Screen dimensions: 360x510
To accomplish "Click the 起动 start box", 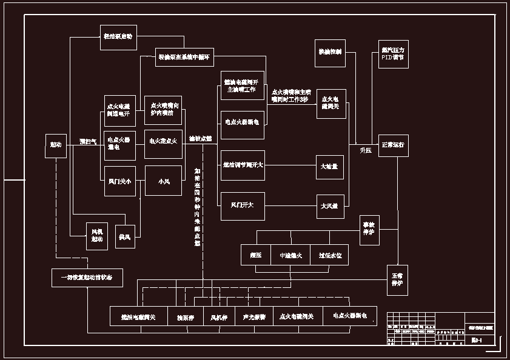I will pyautogui.click(x=56, y=145).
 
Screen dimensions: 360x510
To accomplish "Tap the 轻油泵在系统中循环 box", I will pyautogui.click(x=183, y=58).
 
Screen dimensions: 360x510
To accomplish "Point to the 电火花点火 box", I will pyautogui.click(x=163, y=141).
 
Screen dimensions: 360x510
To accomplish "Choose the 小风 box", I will pyautogui.click(x=163, y=181).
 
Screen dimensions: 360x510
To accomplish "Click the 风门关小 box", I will pyautogui.click(x=119, y=181).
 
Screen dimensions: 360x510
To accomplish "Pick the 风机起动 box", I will pyautogui.click(x=98, y=235).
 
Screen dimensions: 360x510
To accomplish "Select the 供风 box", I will pyautogui.click(x=125, y=236).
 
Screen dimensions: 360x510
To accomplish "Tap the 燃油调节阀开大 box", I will pyautogui.click(x=243, y=165).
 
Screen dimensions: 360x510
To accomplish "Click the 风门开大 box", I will pyautogui.click(x=243, y=205).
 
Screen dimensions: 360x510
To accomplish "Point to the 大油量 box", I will pyautogui.click(x=330, y=167).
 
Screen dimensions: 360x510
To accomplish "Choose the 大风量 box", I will pyautogui.click(x=330, y=206).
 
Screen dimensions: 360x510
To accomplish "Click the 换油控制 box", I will pyautogui.click(x=330, y=53).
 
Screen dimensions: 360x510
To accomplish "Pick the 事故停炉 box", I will pyautogui.click(x=369, y=230).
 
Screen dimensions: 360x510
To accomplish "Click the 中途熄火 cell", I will pyautogui.click(x=290, y=255).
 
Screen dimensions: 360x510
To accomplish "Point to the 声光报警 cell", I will pyautogui.click(x=254, y=316).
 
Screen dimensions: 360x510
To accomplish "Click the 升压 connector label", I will pyautogui.click(x=365, y=150).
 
